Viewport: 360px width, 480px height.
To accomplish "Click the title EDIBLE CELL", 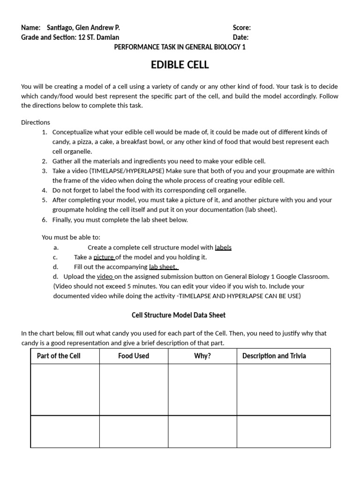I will (180, 65).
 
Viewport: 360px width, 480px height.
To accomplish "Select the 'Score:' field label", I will (242, 28).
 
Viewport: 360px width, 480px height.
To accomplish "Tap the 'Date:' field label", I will (240, 37).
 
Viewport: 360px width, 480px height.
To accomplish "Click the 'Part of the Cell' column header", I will (59, 356).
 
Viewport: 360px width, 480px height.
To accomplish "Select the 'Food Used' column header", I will (134, 356).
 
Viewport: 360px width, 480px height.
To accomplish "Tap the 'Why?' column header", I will (202, 356).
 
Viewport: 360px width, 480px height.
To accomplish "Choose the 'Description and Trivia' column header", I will (274, 356).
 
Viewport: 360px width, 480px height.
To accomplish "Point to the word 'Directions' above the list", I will (36, 122).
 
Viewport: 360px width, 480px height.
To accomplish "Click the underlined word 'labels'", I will (223, 247).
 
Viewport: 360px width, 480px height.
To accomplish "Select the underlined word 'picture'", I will (104, 257).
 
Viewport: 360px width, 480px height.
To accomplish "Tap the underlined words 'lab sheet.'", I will (163, 267).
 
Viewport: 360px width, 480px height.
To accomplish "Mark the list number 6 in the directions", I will (44, 219).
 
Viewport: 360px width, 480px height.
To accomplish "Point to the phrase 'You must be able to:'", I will (71, 238).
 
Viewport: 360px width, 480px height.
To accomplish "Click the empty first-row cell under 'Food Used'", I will (134, 390).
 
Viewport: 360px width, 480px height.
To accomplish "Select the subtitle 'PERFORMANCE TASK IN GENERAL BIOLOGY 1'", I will (180, 47).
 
